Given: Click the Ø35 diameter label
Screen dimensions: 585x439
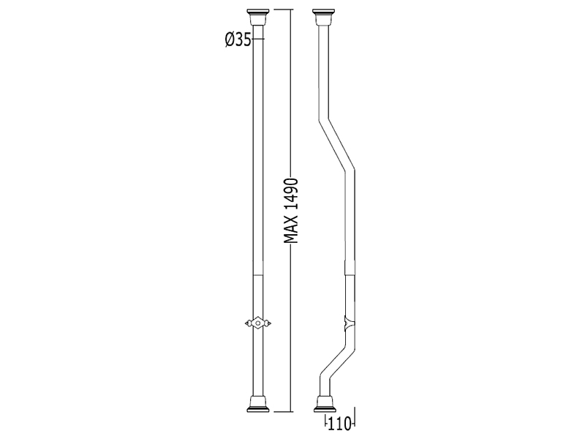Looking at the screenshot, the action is [x=238, y=40].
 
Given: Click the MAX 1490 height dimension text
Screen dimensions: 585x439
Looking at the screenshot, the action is [x=290, y=211].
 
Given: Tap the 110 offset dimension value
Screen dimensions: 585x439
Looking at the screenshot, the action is [x=339, y=424].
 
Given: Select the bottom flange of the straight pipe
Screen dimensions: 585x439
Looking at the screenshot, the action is [x=258, y=405].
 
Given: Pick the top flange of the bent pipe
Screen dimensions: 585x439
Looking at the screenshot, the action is [x=323, y=16].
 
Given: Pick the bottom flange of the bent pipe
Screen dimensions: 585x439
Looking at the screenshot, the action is [x=325, y=405].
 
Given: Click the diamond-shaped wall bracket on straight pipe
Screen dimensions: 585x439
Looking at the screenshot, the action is [x=258, y=323].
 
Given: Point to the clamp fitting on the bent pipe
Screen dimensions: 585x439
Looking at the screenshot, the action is [x=349, y=323].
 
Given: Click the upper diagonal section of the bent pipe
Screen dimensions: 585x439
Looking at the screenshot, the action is [x=336, y=145].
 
